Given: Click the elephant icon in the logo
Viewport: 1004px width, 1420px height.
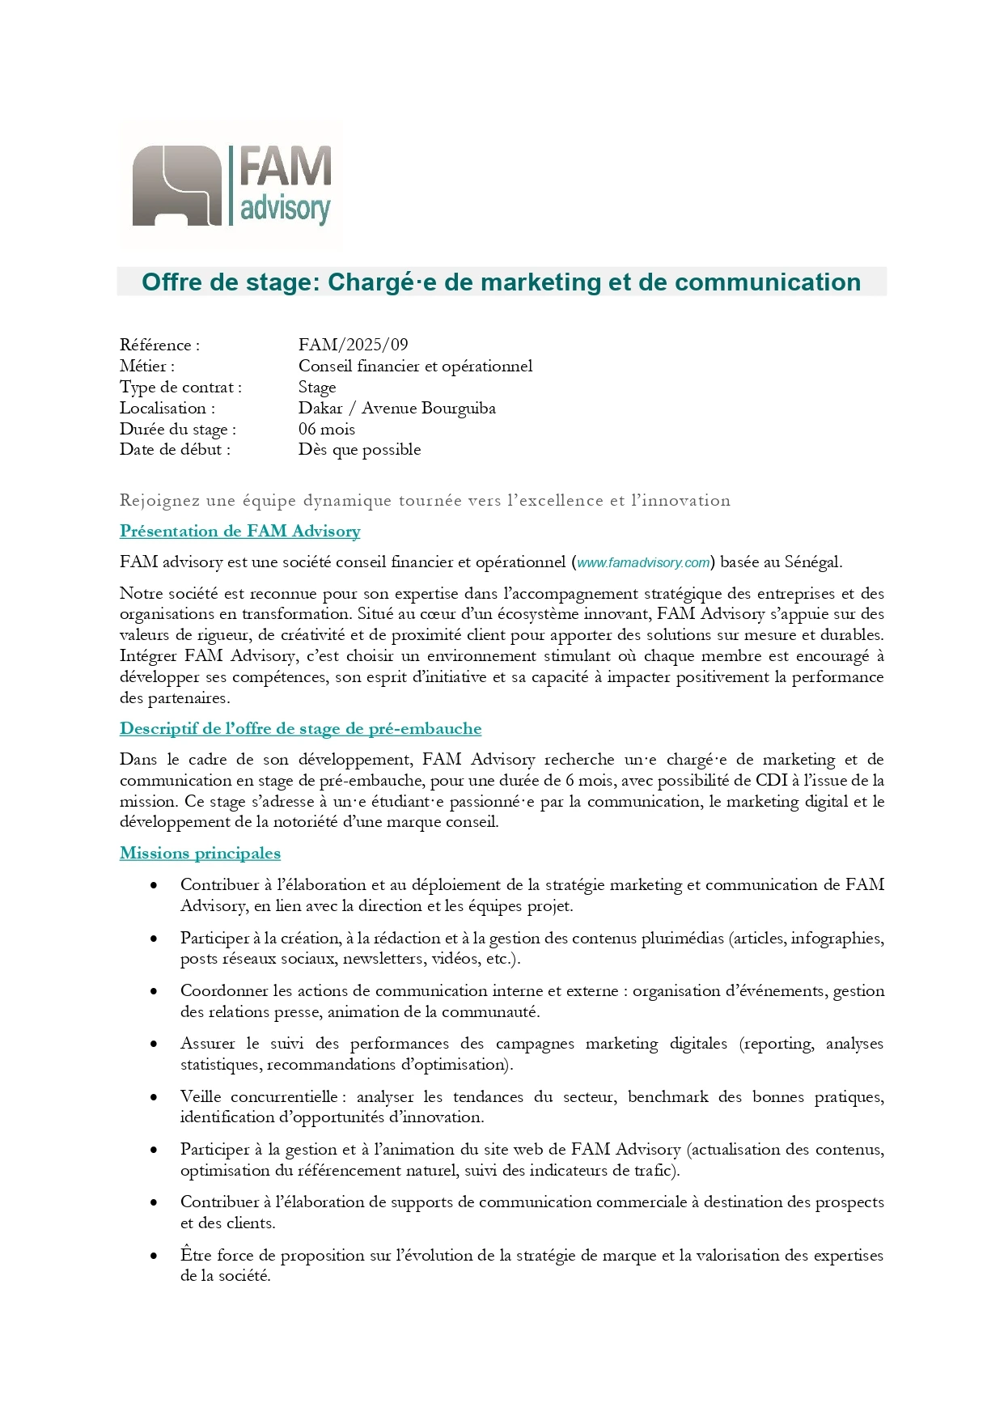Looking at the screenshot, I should pos(176,185).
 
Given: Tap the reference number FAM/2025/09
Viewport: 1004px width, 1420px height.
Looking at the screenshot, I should pos(353,345).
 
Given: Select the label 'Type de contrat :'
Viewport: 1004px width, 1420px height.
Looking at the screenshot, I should pos(180,387).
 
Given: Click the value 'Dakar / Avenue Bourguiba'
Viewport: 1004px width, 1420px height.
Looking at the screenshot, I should pos(396,408).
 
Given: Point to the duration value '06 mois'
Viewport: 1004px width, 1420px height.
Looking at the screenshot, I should pos(326,429).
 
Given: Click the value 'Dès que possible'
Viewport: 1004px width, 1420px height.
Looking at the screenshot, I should pos(359,450).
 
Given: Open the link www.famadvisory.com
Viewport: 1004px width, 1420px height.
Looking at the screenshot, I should pos(643,562).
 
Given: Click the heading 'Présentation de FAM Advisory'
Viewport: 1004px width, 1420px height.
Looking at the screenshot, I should pos(239,532).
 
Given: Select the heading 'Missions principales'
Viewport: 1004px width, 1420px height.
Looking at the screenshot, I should pos(200,854).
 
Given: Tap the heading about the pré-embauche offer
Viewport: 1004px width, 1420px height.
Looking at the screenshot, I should pos(300,729).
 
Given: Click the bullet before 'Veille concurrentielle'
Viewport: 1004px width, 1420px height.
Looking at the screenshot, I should pos(154,1097).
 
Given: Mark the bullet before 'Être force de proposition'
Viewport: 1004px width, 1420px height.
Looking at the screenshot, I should pos(154,1256).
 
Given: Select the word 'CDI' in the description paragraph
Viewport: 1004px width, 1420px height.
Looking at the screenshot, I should pos(771,781).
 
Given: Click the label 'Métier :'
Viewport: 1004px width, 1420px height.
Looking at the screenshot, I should pos(147,366).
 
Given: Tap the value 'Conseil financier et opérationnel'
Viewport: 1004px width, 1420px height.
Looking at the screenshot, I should pos(415,366).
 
